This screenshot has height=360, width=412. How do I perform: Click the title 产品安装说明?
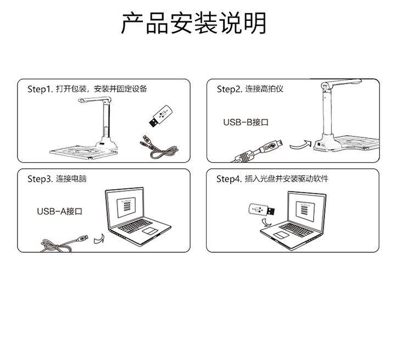click(194, 23)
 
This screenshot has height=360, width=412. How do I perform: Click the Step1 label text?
click(87, 89)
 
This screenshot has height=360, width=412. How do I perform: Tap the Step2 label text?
click(250, 89)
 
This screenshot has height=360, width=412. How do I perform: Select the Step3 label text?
click(57, 179)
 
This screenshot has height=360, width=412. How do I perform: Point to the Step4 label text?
click(272, 179)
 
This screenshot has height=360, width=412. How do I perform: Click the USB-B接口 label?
click(246, 122)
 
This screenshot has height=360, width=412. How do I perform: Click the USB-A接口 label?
click(60, 211)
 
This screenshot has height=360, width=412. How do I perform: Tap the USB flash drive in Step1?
click(160, 116)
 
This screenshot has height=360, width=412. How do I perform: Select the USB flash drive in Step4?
click(261, 210)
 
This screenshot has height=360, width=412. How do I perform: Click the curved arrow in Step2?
click(300, 145)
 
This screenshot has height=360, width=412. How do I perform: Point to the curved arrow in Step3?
click(99, 239)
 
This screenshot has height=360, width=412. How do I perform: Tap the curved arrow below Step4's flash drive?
click(266, 222)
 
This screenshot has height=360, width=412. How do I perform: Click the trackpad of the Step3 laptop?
click(150, 231)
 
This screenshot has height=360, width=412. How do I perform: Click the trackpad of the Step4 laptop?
click(281, 235)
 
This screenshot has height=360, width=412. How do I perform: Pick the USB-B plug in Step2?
click(273, 145)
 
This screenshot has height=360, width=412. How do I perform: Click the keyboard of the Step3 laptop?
click(135, 226)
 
